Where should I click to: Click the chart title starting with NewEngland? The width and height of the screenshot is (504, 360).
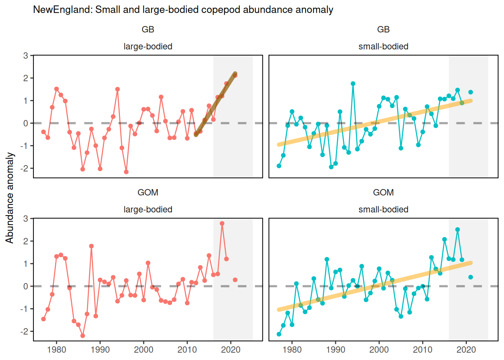(183, 10)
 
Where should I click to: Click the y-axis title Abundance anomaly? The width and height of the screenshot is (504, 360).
(10, 198)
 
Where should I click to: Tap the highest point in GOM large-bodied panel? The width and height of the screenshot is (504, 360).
(222, 223)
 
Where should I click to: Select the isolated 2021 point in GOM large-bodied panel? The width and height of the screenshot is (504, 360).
(235, 280)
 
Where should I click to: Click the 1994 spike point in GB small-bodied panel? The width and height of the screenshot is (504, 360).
(353, 84)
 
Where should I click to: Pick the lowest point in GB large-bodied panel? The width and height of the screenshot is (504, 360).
(126, 172)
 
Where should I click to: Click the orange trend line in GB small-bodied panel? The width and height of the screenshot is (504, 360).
(375, 123)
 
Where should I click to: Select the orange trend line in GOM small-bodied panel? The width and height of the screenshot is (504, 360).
(375, 286)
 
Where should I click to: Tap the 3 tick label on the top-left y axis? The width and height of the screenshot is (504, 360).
(25, 55)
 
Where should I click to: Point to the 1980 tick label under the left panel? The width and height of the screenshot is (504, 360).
(57, 350)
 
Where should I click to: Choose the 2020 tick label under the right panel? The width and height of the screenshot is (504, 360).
(466, 350)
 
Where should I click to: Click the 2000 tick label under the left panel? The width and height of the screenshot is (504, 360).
(144, 350)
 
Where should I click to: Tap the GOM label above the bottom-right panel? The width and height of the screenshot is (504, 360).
(383, 192)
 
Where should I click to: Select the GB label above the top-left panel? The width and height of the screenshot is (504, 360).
(148, 29)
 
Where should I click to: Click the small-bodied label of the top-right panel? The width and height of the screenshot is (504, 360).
(383, 46)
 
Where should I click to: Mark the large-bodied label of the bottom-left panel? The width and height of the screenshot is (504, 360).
(148, 210)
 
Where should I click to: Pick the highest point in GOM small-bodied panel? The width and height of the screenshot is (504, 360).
(457, 229)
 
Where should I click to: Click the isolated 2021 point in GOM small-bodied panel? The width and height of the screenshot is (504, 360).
(471, 277)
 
